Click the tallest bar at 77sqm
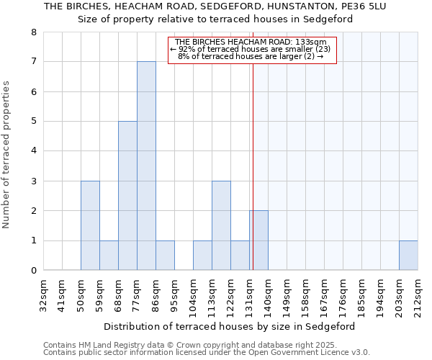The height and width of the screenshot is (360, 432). coord(146,166)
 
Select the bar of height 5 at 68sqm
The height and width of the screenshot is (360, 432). coord(127,196)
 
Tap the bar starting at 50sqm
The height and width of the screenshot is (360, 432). coord(90,225)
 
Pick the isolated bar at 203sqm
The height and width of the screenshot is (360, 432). coord(408,256)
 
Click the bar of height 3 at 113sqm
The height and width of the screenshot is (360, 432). coord(221,225)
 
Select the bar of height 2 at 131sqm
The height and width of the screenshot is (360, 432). coord(258,240)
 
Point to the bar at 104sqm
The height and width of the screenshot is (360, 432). coord(202,256)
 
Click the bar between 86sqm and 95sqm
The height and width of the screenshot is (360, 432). coord(165,256)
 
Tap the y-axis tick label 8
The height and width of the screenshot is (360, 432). coord(33,32)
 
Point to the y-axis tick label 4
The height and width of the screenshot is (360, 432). coord(33,151)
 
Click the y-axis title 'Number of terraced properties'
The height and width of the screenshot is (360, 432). coord(6,155)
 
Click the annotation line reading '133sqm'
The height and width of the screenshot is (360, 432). coord(251,42)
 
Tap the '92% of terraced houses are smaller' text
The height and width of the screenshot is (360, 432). coord(251,50)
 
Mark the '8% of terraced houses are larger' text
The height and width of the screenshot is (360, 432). coord(251,57)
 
